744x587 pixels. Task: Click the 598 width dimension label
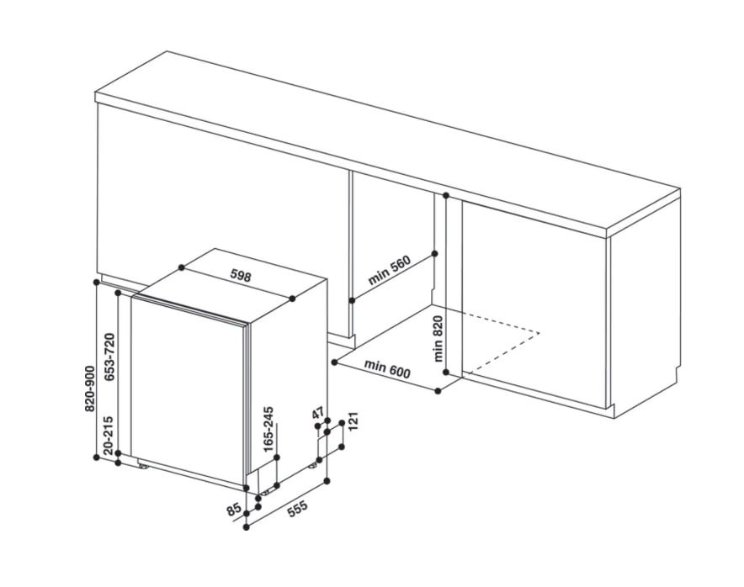click(x=241, y=276)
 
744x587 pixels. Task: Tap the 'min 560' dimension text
click(x=389, y=270)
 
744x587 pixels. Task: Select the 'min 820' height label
click(x=438, y=338)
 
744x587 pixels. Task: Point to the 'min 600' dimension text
click(x=386, y=369)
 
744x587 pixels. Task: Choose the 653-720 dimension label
click(x=109, y=357)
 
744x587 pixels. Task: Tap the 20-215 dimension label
click(x=109, y=435)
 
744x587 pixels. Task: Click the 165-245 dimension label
click(x=268, y=429)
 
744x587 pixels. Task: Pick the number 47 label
click(x=318, y=413)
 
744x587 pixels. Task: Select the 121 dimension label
click(x=353, y=421)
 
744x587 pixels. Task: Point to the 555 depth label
click(x=298, y=510)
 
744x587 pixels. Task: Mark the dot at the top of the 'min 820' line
click(x=445, y=195)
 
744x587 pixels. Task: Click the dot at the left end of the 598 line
click(x=181, y=268)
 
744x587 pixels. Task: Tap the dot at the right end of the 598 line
click(x=292, y=299)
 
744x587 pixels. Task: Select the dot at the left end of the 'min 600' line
click(x=334, y=362)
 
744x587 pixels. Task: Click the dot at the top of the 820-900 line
click(x=97, y=282)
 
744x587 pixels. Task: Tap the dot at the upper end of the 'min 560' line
click(x=435, y=254)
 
